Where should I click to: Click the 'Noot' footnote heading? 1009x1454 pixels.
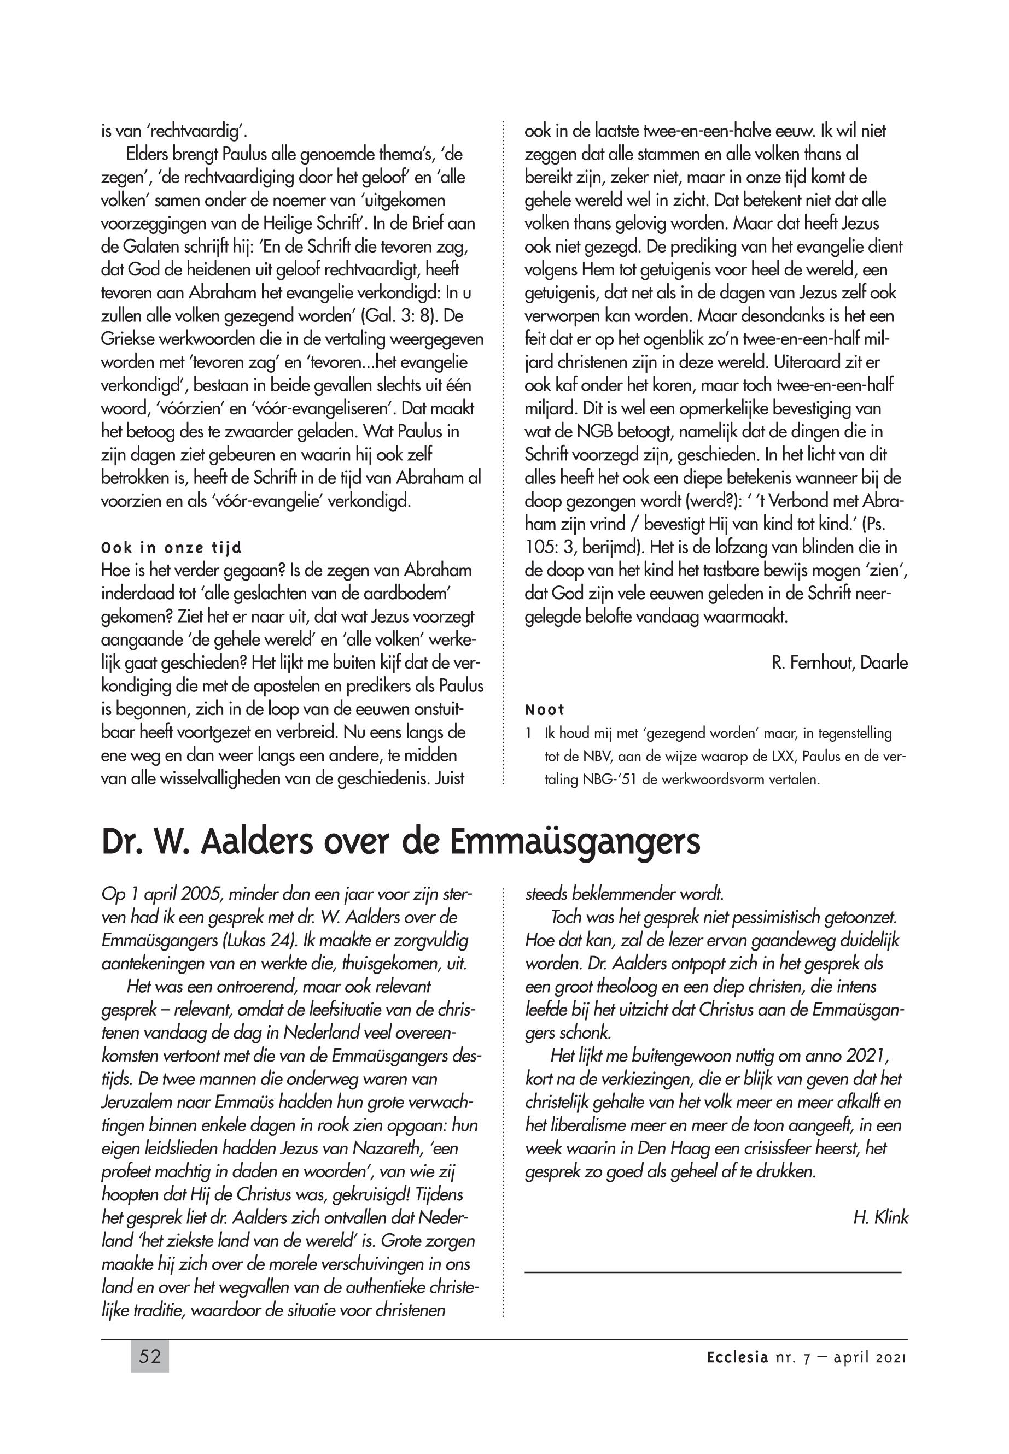(x=544, y=709)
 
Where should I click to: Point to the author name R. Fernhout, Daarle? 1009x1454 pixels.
(x=839, y=663)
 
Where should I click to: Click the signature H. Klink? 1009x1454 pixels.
(x=880, y=1218)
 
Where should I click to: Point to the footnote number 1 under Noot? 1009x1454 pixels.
(x=528, y=734)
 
